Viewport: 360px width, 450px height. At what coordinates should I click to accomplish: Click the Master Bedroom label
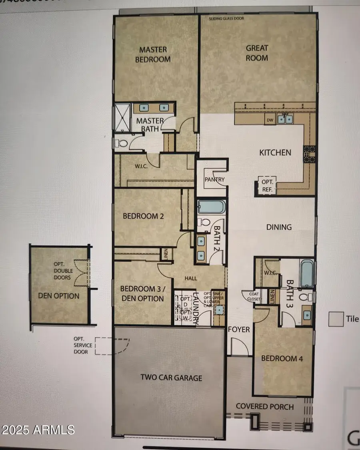(x=155, y=54)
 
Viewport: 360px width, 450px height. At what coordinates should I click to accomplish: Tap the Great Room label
(x=257, y=52)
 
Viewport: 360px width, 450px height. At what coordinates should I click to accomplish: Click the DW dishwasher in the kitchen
(x=269, y=120)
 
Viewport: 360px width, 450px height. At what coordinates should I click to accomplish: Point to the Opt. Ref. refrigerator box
(x=267, y=185)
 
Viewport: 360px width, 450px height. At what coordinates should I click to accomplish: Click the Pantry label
(x=214, y=180)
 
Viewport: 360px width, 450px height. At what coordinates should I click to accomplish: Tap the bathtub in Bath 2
(x=212, y=207)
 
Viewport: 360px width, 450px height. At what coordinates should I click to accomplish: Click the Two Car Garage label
(x=171, y=378)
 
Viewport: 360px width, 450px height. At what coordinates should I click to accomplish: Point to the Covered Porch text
(x=264, y=406)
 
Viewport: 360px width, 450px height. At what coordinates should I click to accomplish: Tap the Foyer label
(x=239, y=329)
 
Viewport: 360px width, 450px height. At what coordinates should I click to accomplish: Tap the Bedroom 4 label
(x=282, y=358)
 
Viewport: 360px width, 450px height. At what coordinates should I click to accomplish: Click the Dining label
(x=279, y=227)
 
